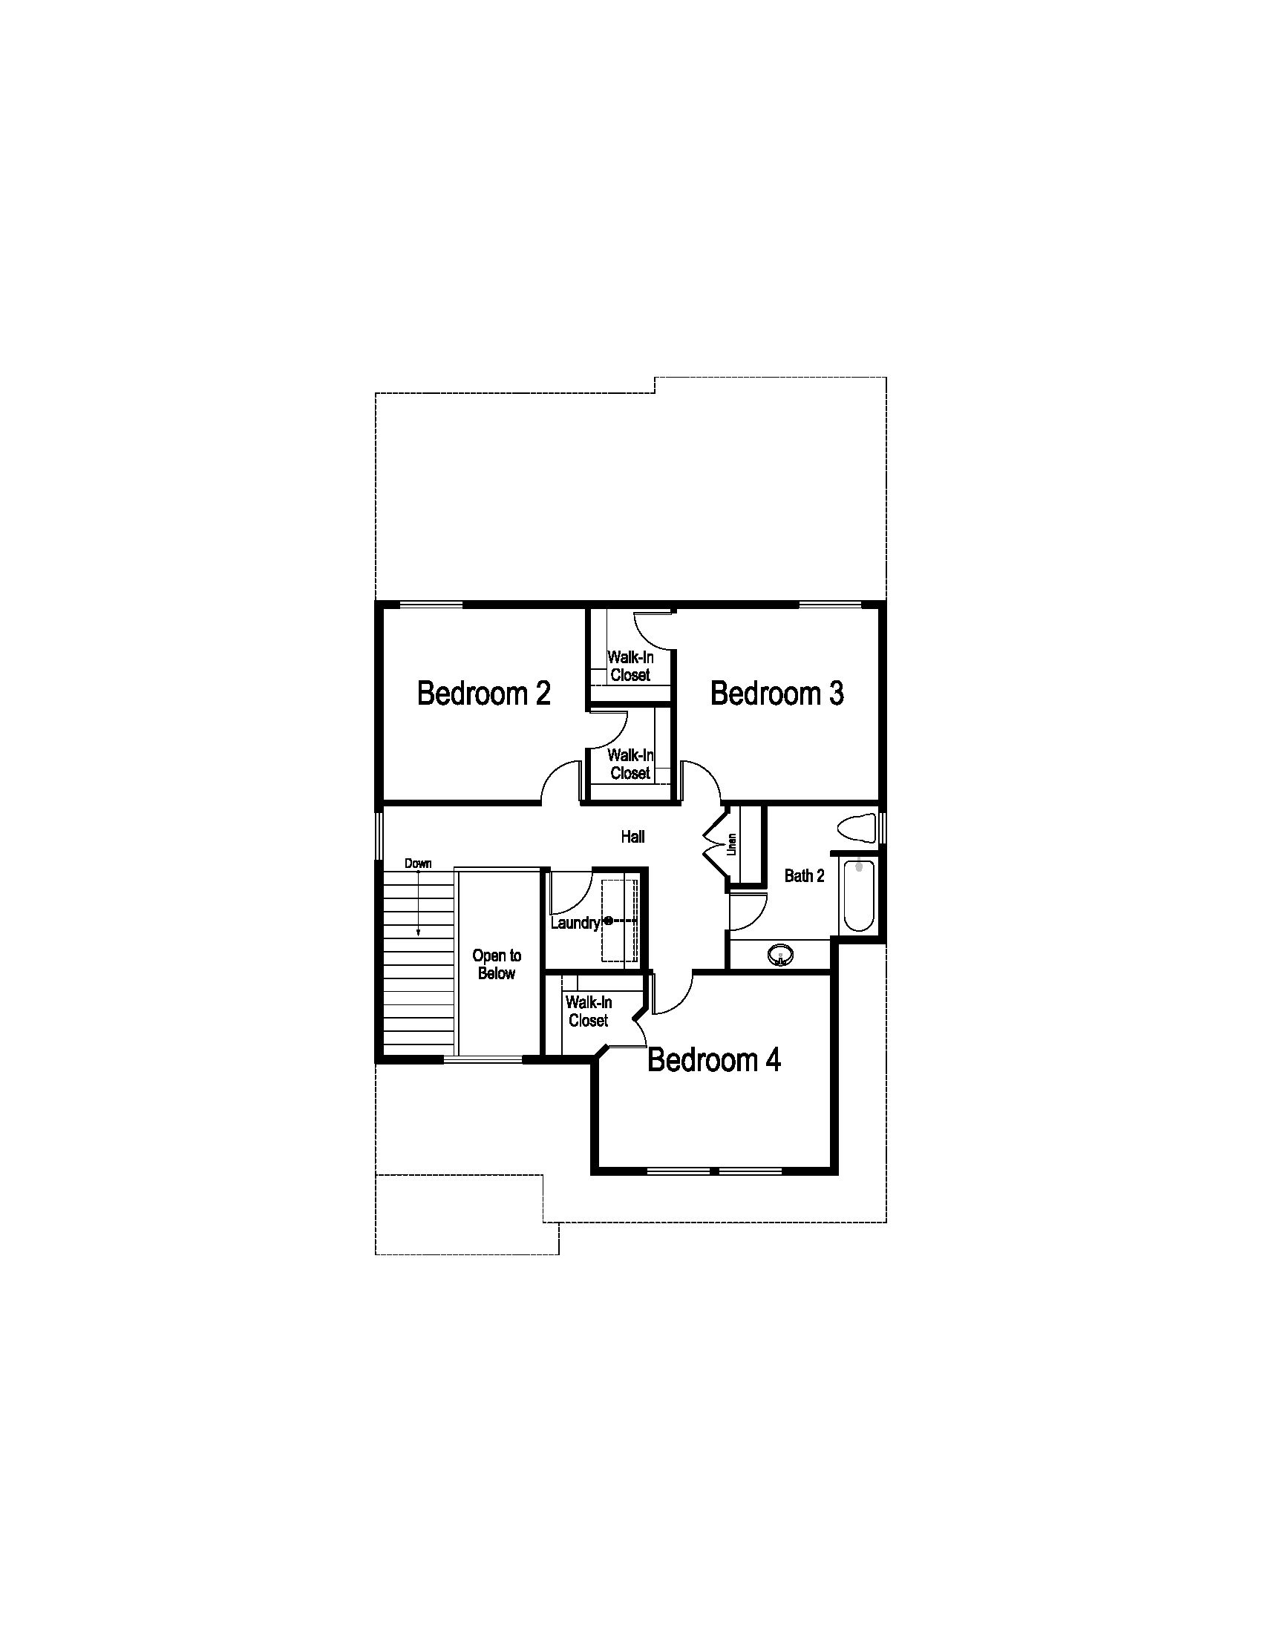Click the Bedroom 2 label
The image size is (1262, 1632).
[x=484, y=694]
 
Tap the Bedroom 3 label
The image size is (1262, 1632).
[x=777, y=694]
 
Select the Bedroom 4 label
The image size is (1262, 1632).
[x=714, y=1059]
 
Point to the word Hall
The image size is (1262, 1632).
[x=632, y=837]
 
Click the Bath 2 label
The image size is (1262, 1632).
[x=805, y=876]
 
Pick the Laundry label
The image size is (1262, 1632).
[x=575, y=923]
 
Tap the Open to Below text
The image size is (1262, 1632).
[x=497, y=964]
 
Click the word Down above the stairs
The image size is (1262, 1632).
[x=418, y=863]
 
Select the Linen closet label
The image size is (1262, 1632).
[x=733, y=843]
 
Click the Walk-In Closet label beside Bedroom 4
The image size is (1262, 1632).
[x=589, y=1011]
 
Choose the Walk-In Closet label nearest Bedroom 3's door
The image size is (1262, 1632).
[x=630, y=763]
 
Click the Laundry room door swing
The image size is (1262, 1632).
[x=568, y=893]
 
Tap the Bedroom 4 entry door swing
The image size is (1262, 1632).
[x=673, y=994]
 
